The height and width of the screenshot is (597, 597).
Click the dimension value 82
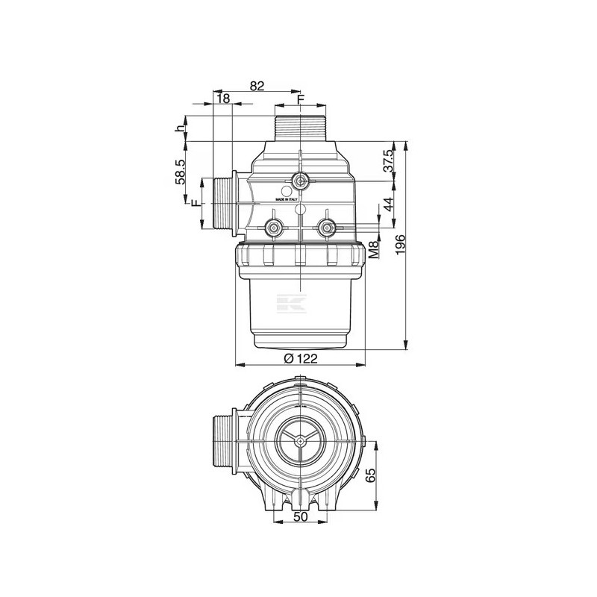tap(257, 86)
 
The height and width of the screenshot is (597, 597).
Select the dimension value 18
tap(222, 99)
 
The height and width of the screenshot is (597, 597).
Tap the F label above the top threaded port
tap(301, 99)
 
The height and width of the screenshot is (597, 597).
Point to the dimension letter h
tap(179, 128)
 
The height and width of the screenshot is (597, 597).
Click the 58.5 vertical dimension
tap(179, 172)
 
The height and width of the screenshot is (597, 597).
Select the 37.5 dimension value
tap(388, 162)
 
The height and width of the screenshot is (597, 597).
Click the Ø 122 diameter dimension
tap(301, 358)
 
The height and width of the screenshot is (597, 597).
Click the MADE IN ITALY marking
tap(287, 200)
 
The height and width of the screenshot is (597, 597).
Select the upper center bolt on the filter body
tap(300, 180)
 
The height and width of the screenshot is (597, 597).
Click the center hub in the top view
tap(299, 441)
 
